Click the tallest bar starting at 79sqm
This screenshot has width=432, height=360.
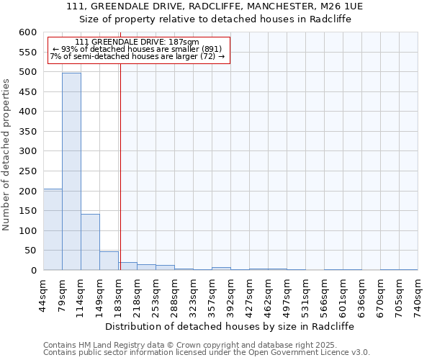[x=71, y=171]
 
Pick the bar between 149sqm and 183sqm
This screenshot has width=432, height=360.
[x=109, y=261]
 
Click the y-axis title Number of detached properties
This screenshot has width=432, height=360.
[x=7, y=154]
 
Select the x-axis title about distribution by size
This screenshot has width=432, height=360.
[x=230, y=326]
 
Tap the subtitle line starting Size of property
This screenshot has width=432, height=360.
[x=215, y=19]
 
